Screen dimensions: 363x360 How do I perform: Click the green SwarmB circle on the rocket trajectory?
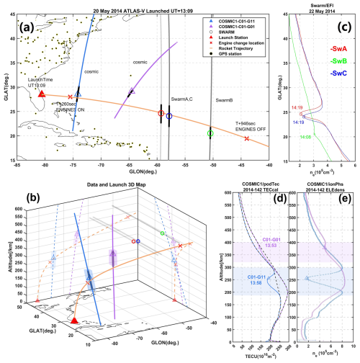tap(210, 133)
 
